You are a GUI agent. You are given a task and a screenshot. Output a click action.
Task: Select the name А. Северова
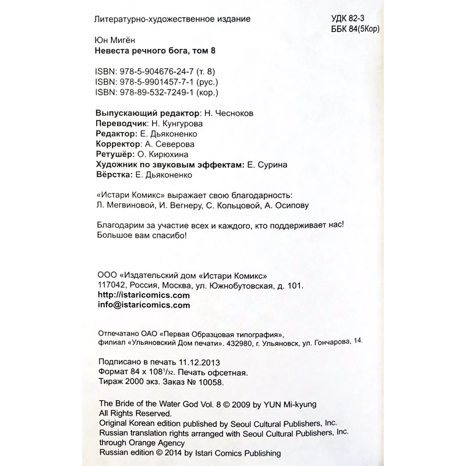[x=169, y=144]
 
